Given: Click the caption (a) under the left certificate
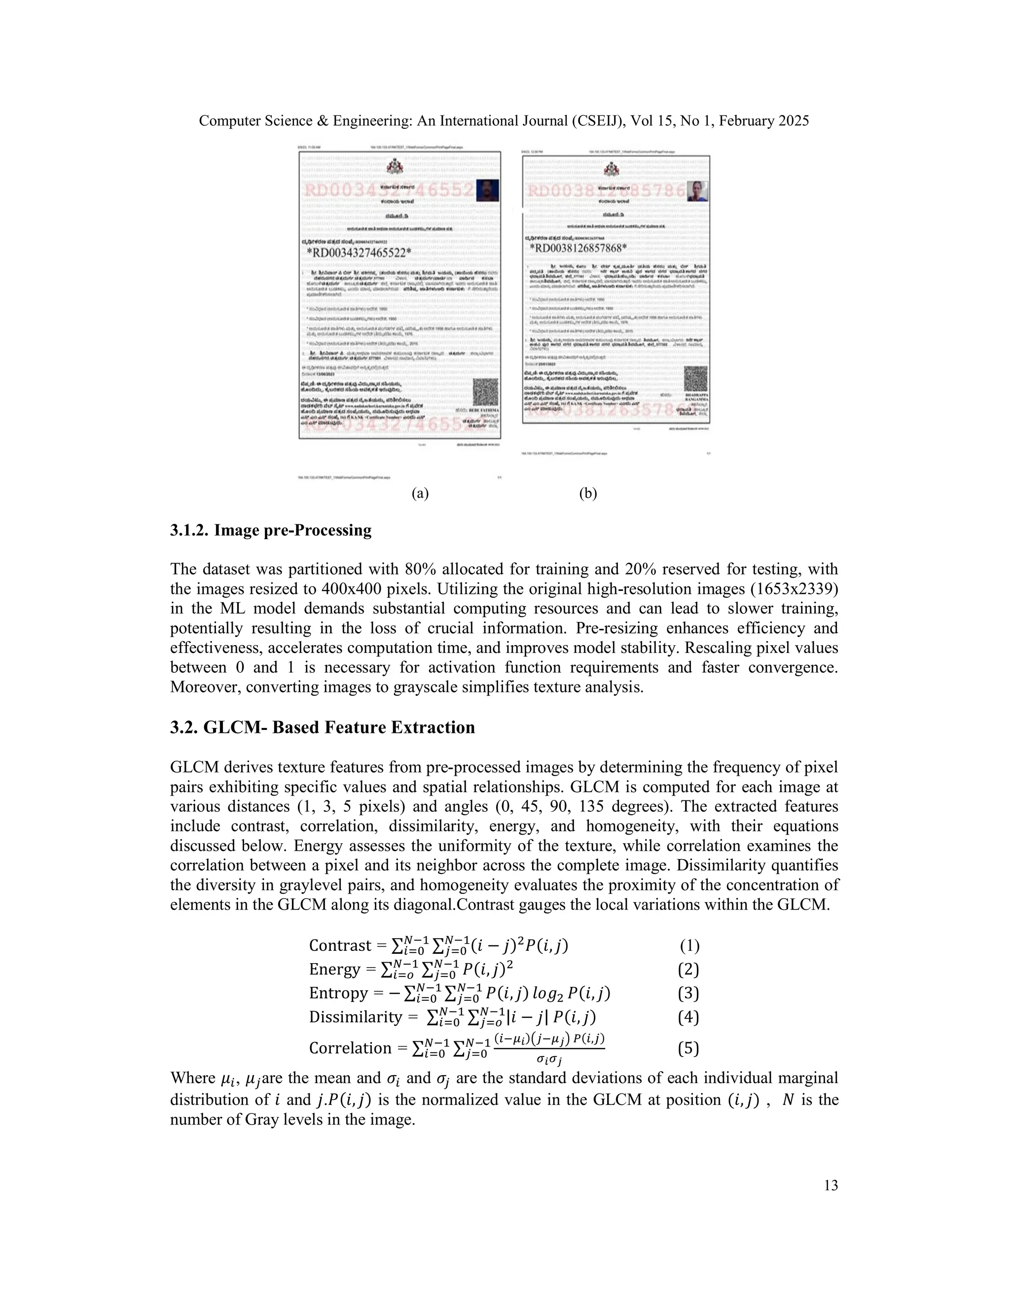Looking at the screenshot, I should (420, 493).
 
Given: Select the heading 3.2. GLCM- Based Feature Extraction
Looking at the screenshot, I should (323, 727).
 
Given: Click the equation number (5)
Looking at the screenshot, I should (688, 1048).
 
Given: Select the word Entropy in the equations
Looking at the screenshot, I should (338, 993).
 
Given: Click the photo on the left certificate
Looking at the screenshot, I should (488, 191).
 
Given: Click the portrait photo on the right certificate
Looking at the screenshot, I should (696, 191).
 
